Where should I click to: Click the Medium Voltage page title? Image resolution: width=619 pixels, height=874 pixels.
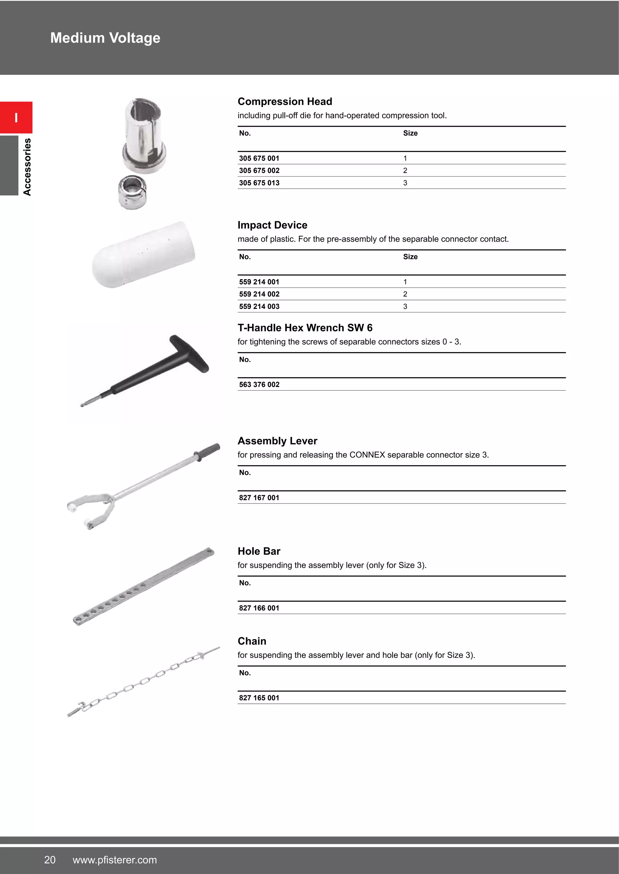(x=105, y=38)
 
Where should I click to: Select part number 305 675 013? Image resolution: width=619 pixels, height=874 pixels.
(x=259, y=183)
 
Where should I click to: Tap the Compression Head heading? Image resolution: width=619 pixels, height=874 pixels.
(x=285, y=102)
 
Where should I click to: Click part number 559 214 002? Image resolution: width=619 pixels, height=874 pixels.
(x=259, y=294)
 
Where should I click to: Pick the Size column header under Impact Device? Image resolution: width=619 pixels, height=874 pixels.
(x=410, y=257)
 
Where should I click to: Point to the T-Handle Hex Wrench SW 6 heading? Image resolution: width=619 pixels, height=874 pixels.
(x=305, y=328)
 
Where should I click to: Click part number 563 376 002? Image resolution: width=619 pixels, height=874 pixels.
(x=259, y=384)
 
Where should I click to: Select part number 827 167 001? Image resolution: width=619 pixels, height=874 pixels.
(x=259, y=498)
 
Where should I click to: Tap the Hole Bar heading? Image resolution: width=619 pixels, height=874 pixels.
(x=259, y=551)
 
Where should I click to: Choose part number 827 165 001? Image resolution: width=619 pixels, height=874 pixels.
(x=259, y=698)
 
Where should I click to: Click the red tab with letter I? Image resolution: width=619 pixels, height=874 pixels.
(x=16, y=118)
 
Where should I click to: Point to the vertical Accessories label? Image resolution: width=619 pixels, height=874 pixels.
(x=27, y=167)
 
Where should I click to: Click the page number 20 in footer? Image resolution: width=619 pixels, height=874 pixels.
(x=50, y=860)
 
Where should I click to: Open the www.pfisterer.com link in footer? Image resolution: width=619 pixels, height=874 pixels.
(x=115, y=860)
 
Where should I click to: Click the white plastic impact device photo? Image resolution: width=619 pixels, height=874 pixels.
(x=144, y=254)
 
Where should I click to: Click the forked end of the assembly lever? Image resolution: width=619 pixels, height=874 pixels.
(x=92, y=510)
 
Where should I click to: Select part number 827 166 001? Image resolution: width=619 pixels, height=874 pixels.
(x=259, y=608)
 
